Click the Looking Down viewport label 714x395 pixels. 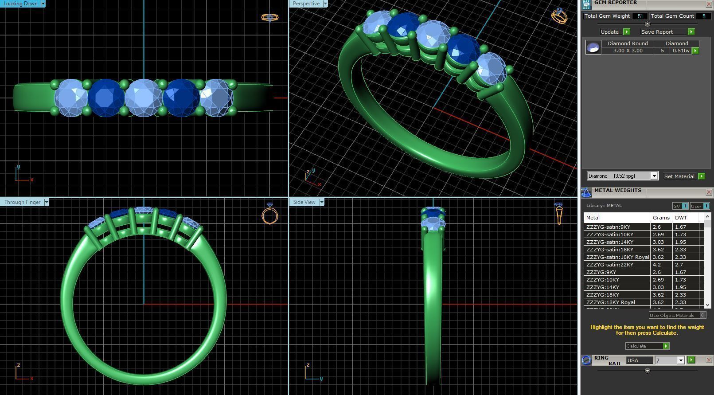[20, 4]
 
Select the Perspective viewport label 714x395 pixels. [306, 4]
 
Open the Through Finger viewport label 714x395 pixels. [22, 202]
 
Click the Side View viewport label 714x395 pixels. [304, 202]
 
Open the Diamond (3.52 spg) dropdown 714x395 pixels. [622, 176]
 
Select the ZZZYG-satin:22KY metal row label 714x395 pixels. [610, 265]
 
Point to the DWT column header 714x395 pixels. [681, 218]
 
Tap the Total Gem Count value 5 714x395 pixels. [703, 16]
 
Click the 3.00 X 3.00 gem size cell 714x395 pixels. [628, 51]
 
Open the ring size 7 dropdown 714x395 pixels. [670, 360]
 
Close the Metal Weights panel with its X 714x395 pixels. [709, 192]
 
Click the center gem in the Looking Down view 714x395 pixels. [143, 98]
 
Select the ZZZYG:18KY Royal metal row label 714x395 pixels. [611, 302]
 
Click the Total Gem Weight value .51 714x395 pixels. [640, 16]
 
